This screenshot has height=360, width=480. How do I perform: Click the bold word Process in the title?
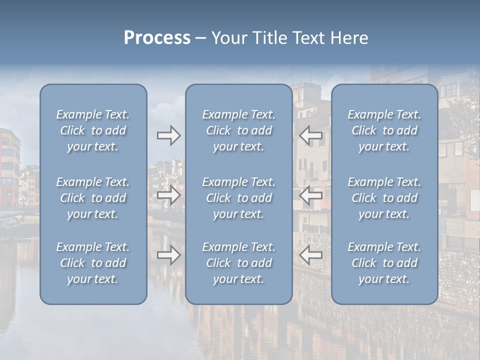(157, 37)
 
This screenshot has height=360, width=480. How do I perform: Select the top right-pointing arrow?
(168, 135)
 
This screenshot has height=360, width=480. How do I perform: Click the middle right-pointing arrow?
(168, 195)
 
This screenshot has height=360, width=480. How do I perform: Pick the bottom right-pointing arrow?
(168, 255)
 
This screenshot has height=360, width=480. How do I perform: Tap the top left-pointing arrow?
(311, 135)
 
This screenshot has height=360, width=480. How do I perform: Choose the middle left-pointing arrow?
(311, 195)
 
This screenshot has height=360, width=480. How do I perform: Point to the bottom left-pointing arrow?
(311, 255)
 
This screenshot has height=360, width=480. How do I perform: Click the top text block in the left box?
(93, 130)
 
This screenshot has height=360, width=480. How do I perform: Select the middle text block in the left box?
(93, 198)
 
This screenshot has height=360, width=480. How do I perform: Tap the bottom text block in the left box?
(93, 263)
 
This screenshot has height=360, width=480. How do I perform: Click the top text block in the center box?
(238, 130)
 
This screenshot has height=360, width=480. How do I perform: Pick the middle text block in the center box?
(238, 198)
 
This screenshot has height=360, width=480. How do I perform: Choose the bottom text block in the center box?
(238, 263)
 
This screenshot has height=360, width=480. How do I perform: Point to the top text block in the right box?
(384, 130)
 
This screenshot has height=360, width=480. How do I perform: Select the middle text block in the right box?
(384, 198)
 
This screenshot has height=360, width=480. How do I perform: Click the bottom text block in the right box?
(384, 263)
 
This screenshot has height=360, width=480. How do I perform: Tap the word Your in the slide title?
(229, 37)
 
